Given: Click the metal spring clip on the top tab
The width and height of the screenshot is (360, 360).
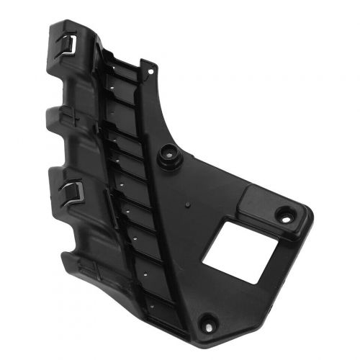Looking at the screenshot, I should pos(67,44).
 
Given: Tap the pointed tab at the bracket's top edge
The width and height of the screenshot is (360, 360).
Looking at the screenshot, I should pos(150,69).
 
